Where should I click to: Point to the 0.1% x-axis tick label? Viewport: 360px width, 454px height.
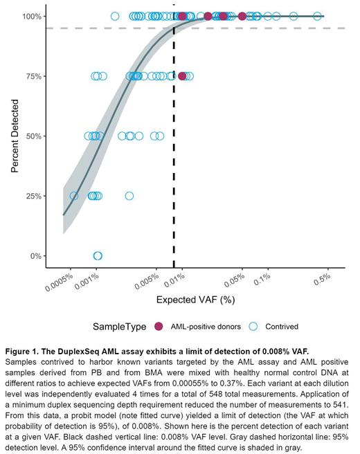click(261, 281)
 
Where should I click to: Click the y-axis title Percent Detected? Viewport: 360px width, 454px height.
click(14, 136)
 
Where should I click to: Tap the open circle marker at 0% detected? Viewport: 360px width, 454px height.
click(98, 256)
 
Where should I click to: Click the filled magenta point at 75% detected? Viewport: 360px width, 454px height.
click(182, 76)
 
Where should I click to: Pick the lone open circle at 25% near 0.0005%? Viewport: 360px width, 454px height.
click(74, 196)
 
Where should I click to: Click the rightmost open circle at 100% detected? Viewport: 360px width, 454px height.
click(318, 16)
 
